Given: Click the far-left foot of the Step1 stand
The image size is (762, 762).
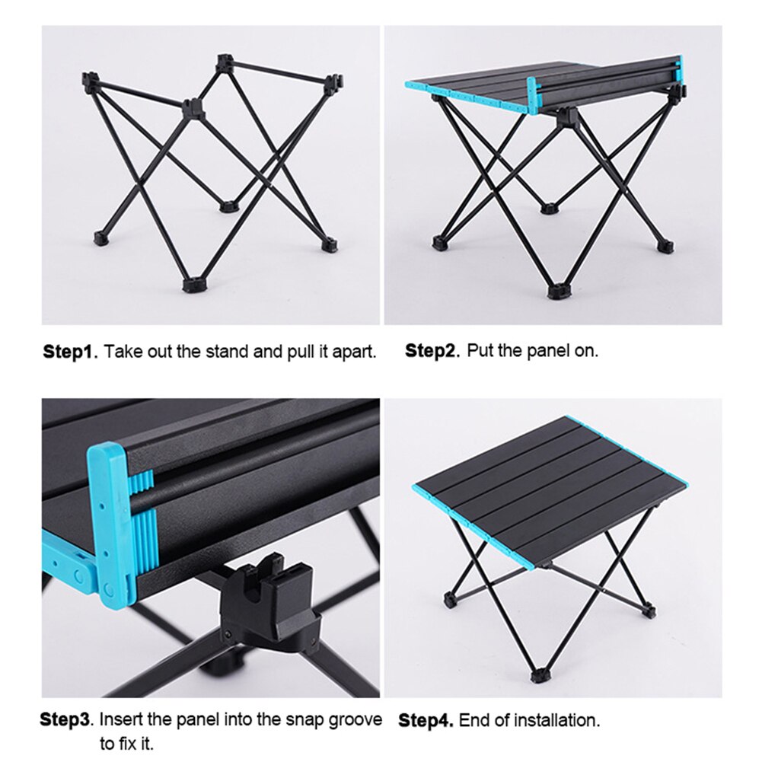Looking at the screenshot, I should coord(101,238).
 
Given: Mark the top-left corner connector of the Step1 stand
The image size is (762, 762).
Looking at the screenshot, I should coord(89,78).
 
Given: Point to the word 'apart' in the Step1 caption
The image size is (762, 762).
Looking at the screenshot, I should coord(355,352).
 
